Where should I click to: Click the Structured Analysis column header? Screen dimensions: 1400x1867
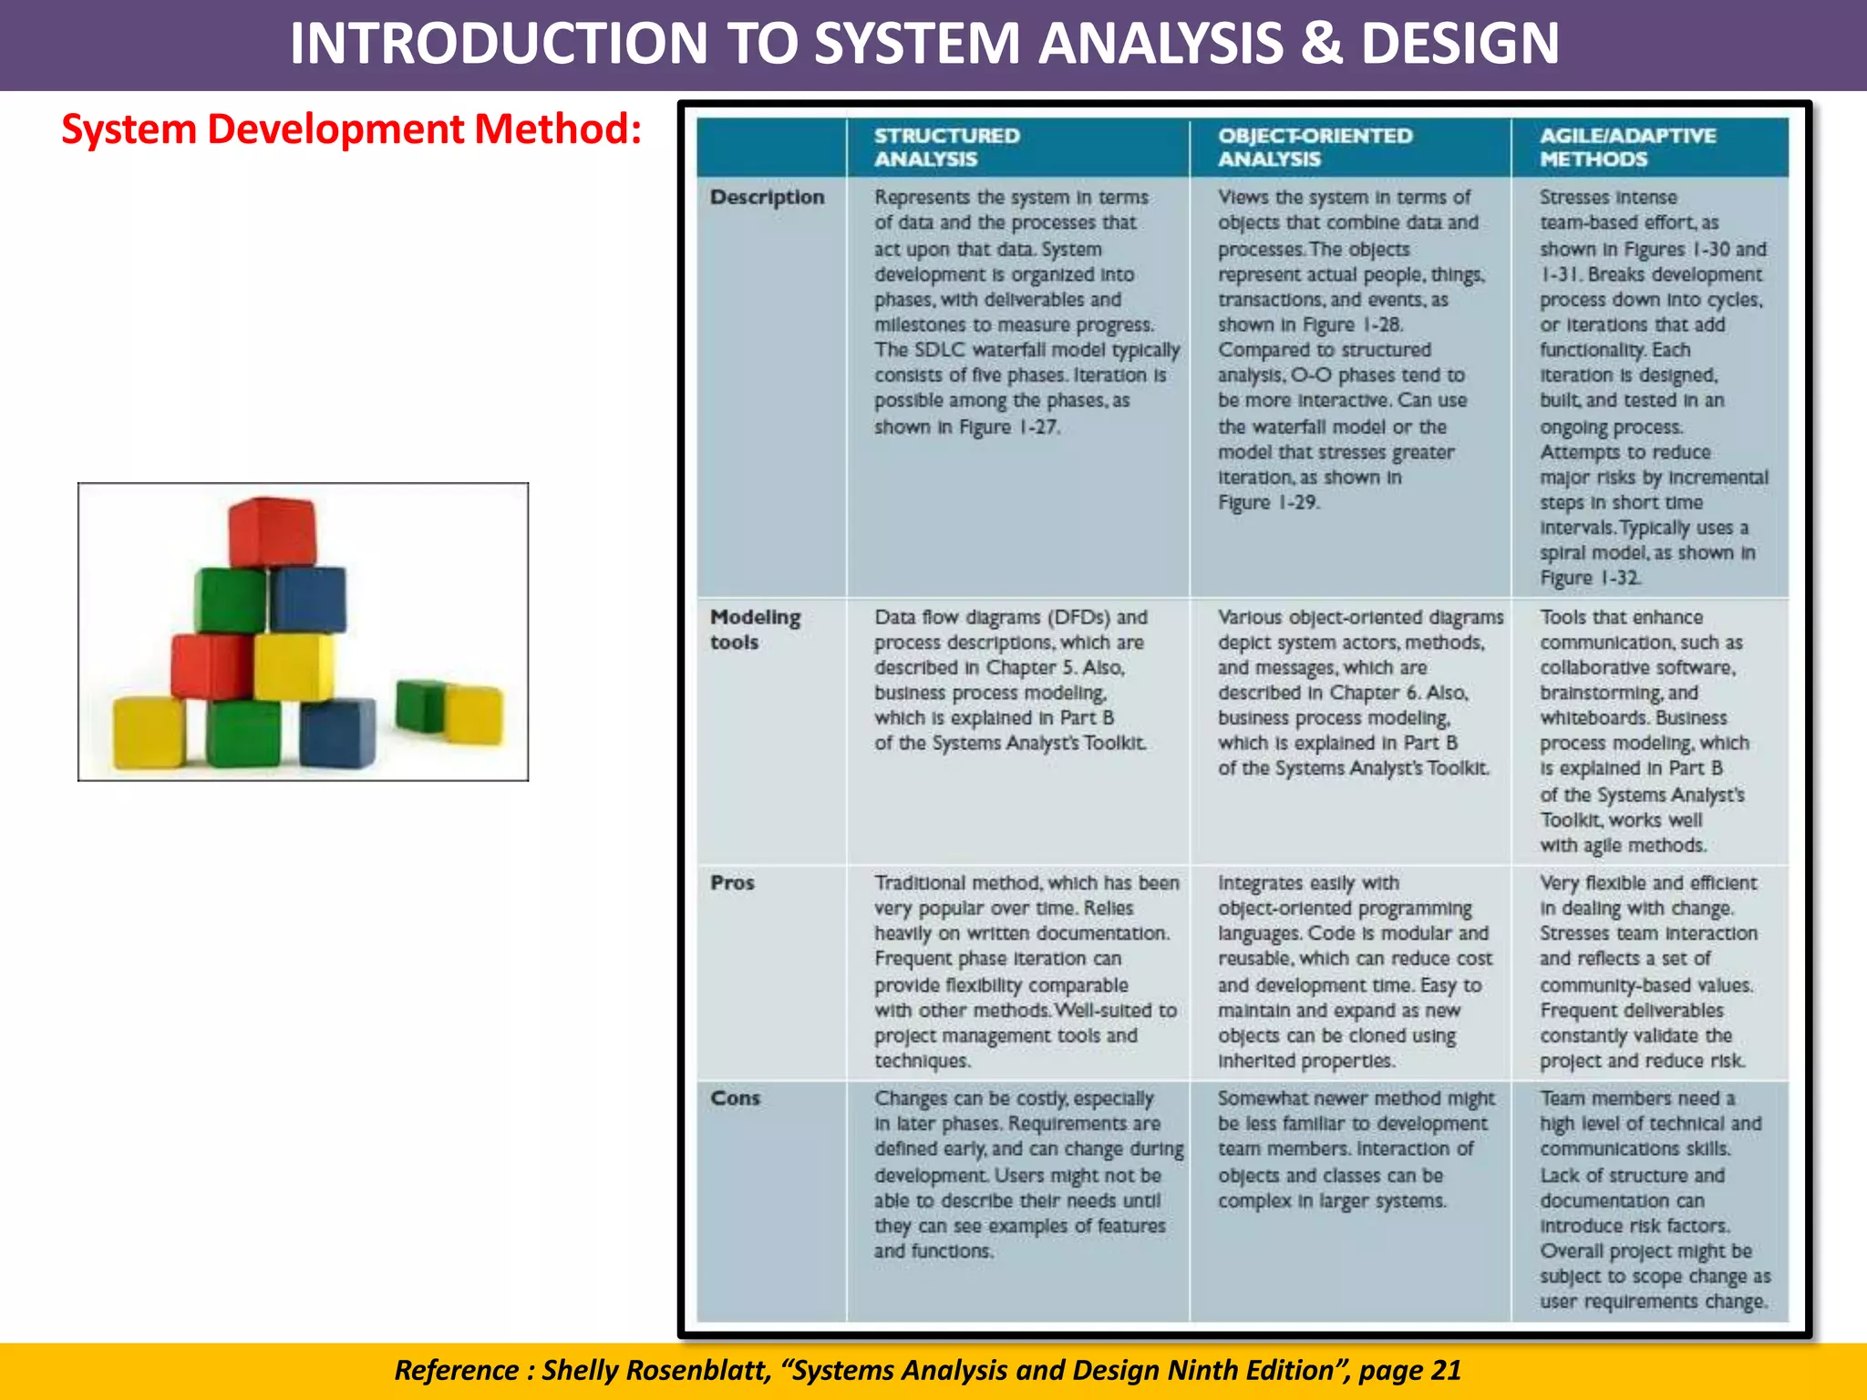[x=946, y=147]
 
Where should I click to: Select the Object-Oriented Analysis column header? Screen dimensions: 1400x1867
[x=1315, y=147]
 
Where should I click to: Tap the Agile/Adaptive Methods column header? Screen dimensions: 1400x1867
[x=1627, y=147]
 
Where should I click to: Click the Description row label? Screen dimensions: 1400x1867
[x=767, y=197]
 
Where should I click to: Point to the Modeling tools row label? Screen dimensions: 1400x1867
[x=755, y=629]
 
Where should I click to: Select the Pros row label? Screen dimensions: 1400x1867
[x=732, y=882]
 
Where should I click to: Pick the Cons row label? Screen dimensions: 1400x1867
[x=735, y=1097]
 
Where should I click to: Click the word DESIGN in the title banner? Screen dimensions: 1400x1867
[x=1460, y=43]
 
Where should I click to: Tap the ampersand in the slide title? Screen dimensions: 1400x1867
[x=1321, y=43]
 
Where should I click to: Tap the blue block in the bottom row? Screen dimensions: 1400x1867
[x=337, y=732]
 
